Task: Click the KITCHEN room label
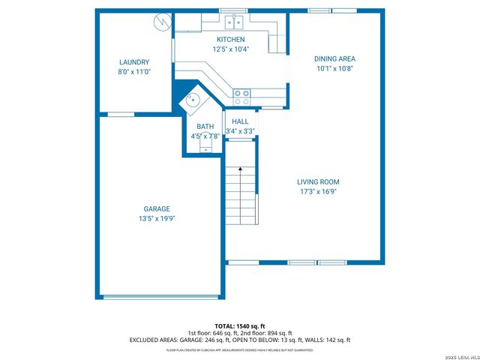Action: [x=231, y=39]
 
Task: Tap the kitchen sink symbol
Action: [x=234, y=20]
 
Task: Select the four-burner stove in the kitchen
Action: [x=242, y=96]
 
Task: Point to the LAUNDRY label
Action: [x=134, y=62]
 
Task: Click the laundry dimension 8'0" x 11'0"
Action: [x=134, y=72]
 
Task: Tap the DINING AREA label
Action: [x=334, y=58]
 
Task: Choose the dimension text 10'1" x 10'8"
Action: [x=334, y=68]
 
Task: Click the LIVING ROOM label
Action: [x=318, y=181]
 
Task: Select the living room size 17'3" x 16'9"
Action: [x=318, y=191]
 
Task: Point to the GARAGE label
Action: [x=157, y=208]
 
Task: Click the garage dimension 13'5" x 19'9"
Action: [x=157, y=218]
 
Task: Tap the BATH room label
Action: [x=205, y=127]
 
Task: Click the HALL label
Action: [x=240, y=121]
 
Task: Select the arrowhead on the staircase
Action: [x=240, y=169]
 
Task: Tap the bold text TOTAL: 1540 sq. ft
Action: [x=239, y=326]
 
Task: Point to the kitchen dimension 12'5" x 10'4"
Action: [x=231, y=49]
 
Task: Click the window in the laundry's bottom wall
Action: [x=121, y=114]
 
